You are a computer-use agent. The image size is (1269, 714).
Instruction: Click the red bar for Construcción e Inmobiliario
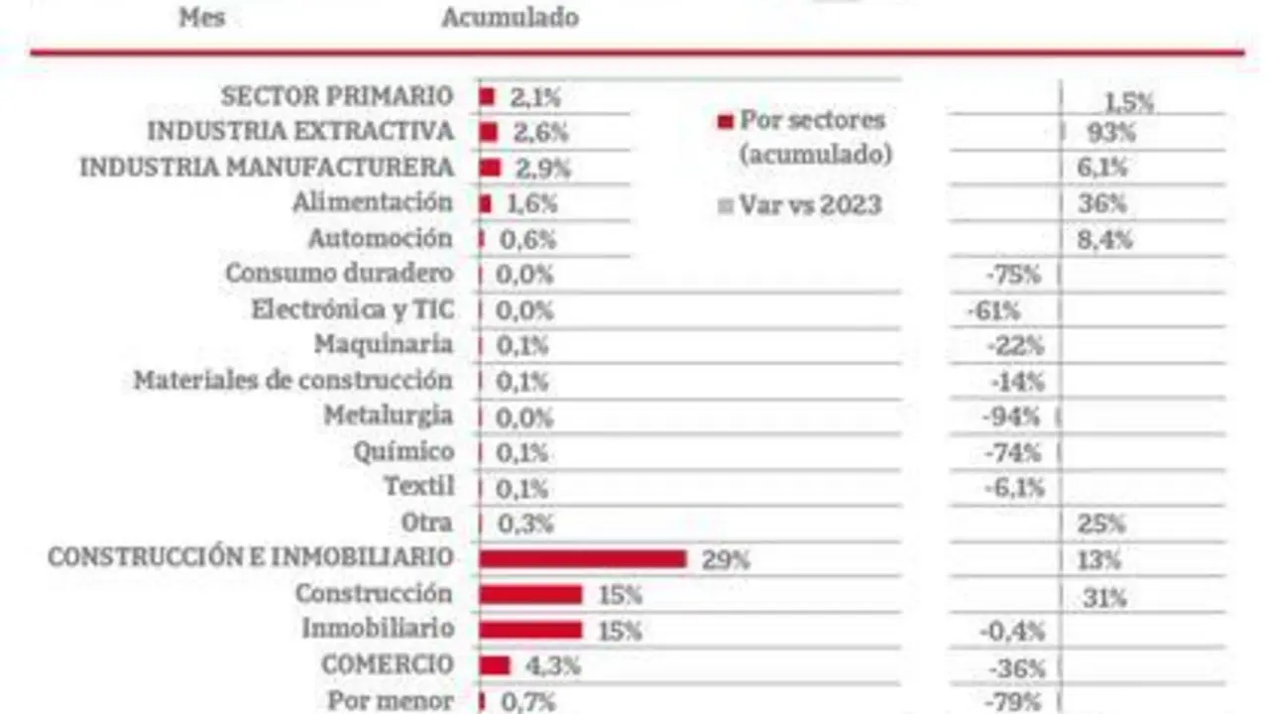(582, 559)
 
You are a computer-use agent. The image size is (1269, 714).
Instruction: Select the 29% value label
(726, 559)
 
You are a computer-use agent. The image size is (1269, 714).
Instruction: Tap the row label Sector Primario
(336, 96)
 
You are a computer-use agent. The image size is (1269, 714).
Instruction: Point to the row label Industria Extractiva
(300, 132)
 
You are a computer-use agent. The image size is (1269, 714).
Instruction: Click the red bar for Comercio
(494, 665)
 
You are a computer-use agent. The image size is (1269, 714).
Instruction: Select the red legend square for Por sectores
(725, 122)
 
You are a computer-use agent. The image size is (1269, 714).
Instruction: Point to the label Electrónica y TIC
(353, 309)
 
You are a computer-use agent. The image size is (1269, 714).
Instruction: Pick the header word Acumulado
(510, 18)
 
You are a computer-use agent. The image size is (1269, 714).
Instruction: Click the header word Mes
(201, 18)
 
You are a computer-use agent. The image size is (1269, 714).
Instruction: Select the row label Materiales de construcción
(292, 381)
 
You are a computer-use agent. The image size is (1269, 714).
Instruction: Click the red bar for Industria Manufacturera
(490, 168)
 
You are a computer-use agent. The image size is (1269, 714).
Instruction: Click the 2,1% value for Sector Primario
(536, 97)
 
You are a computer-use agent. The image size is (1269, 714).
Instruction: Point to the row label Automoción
(380, 239)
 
